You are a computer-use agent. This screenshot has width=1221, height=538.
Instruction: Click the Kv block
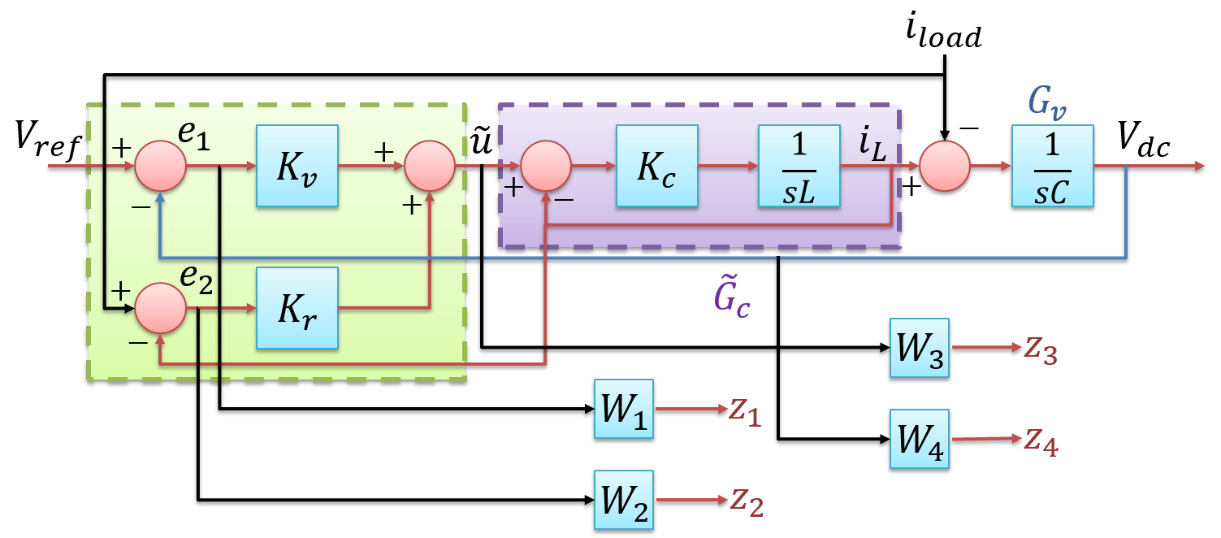coord(297,166)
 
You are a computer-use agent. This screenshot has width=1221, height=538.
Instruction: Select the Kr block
coord(297,308)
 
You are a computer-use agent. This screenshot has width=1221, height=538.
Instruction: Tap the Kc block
coord(656,166)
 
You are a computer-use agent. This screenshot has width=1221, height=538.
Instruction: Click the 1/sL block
coord(799,166)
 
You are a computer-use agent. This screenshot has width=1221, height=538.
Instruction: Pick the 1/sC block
coord(1052,166)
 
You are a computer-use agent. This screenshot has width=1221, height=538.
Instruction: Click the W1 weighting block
coord(624,409)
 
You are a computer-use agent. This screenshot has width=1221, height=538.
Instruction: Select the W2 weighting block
coord(624,500)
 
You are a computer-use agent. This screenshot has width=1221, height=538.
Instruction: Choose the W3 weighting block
coord(919,347)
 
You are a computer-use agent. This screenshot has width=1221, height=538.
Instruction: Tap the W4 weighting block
coord(919,439)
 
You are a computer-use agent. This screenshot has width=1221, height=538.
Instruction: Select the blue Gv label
coord(1048,102)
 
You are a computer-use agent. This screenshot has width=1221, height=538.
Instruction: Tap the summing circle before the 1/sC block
coord(945,166)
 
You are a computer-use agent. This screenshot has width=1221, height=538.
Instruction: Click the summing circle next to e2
coord(160,309)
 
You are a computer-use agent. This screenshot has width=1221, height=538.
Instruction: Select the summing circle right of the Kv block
coord(430,166)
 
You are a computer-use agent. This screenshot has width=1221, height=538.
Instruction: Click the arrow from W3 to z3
coord(985,347)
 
